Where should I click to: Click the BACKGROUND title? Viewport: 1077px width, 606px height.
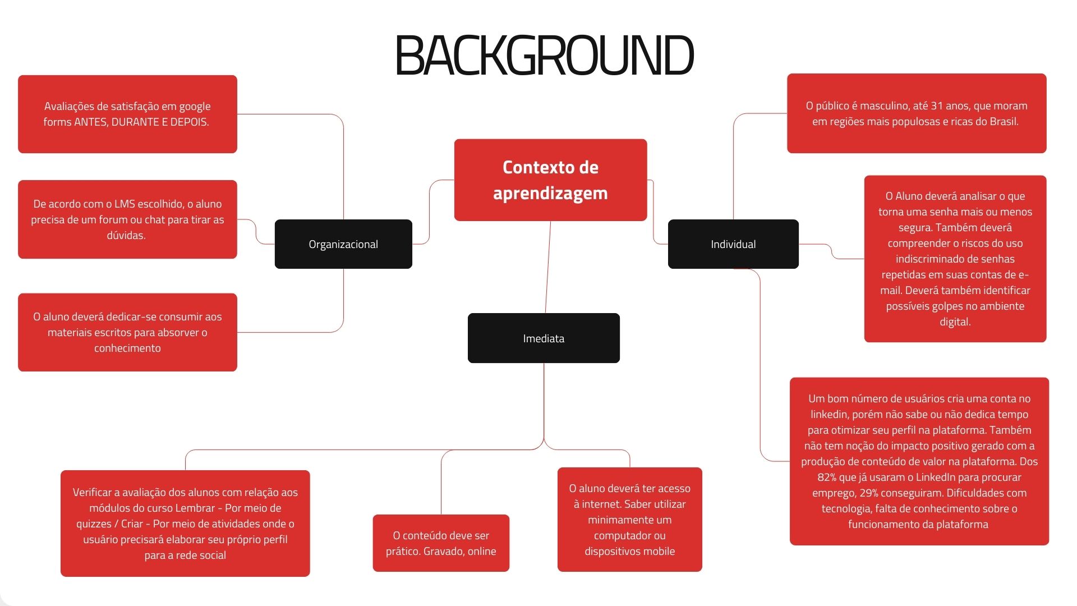544,55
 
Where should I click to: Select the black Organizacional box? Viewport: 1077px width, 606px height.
343,244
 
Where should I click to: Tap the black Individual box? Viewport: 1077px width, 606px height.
733,244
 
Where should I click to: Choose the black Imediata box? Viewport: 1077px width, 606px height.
544,338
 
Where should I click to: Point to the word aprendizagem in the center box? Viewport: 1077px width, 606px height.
550,193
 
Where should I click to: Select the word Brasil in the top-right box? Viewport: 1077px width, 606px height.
1002,122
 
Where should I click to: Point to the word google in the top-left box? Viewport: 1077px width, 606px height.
195,107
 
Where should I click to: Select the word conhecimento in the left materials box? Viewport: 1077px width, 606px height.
127,348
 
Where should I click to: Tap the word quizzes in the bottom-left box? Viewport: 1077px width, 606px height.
94,524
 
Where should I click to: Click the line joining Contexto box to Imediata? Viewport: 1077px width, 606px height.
548,267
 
